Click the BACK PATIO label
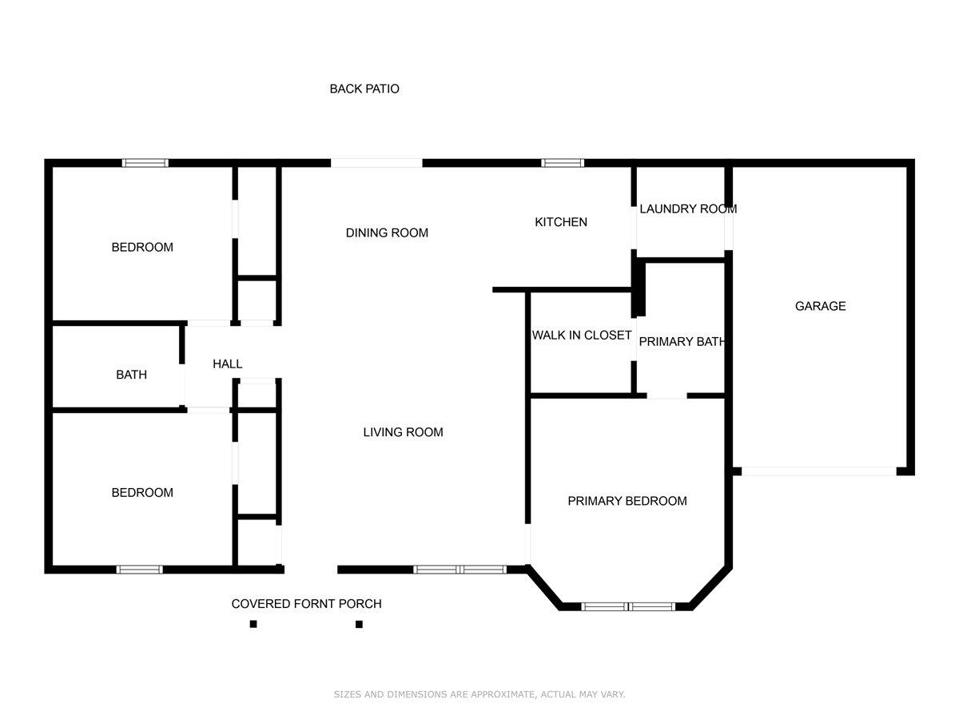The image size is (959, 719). (364, 89)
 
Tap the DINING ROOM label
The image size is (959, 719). (387, 232)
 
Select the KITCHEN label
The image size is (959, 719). (561, 222)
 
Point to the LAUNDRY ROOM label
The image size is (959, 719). (687, 209)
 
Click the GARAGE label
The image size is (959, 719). (820, 306)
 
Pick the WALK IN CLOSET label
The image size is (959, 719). (582, 335)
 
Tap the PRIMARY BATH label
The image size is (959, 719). (682, 341)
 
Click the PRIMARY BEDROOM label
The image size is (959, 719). (627, 501)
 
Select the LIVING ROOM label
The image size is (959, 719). (403, 432)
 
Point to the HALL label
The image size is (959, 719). (228, 363)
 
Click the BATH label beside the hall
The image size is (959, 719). (131, 374)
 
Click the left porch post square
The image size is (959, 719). (253, 624)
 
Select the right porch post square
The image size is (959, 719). (359, 624)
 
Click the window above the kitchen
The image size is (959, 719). (563, 163)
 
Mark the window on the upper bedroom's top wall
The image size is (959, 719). (145, 163)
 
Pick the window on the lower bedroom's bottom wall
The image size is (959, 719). (140, 570)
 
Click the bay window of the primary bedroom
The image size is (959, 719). (628, 606)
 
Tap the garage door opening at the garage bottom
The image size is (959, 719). (819, 471)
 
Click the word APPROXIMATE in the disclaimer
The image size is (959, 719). (505, 694)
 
